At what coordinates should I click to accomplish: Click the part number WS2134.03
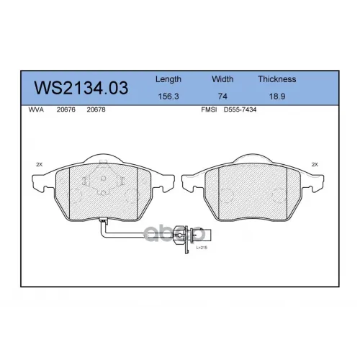81,88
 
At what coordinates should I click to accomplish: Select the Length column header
168,79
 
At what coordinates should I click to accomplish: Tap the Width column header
222,79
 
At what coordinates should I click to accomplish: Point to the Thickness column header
277,79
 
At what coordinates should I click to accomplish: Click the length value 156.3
168,96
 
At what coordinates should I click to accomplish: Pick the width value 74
222,96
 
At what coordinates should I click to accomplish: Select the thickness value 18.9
277,96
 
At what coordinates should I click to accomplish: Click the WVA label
36,109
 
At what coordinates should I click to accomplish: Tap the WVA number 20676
66,109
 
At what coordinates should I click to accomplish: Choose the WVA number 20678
96,109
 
